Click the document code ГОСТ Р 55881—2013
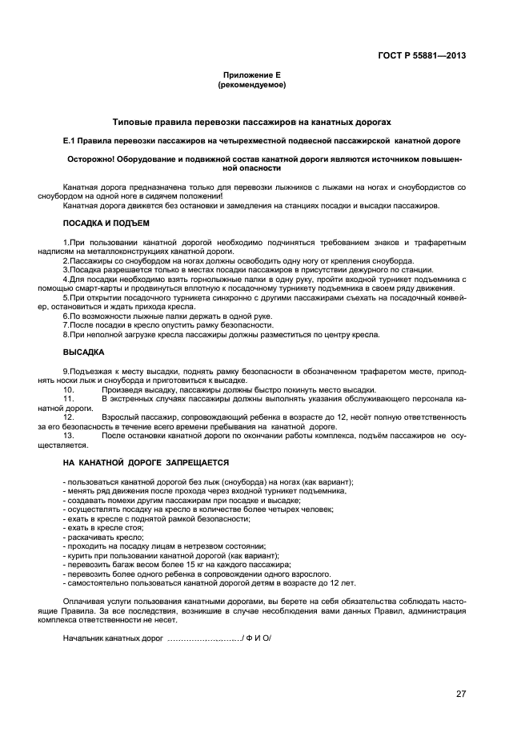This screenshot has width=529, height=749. pos(422,55)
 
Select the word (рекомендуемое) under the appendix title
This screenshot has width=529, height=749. pos(251,84)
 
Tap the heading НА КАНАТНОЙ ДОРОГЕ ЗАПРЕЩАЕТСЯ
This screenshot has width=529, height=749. pos(146,462)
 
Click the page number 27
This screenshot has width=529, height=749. pos(460,694)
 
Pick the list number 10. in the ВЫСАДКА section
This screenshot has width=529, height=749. pos(69,389)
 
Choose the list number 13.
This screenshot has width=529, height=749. pos(69,435)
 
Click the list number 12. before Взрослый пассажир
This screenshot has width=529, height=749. pos(69,417)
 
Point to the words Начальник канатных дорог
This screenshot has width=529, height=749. pos(113,638)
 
